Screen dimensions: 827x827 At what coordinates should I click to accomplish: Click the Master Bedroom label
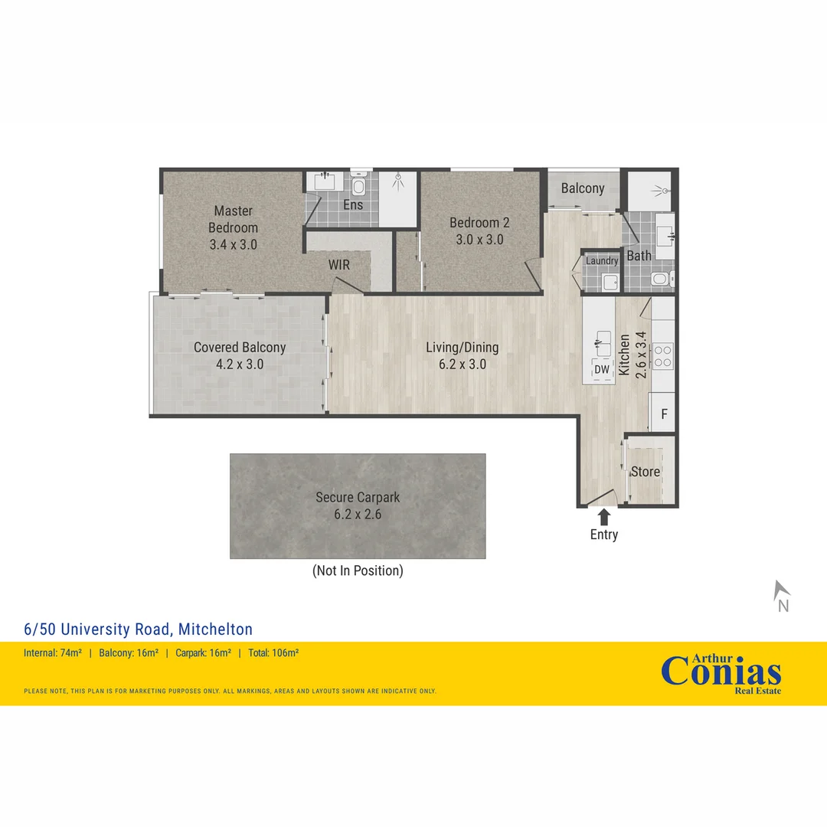[233, 219]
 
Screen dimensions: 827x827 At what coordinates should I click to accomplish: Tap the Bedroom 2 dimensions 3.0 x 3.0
[479, 239]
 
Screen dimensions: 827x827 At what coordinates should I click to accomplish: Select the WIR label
[340, 265]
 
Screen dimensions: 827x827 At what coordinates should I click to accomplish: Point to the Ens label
[353, 205]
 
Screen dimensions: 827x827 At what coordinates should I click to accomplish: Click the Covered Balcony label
[240, 348]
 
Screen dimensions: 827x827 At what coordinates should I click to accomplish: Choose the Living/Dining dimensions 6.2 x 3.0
[463, 364]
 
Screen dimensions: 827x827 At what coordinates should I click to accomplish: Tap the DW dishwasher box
[602, 370]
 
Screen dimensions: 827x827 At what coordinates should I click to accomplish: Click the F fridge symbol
[664, 413]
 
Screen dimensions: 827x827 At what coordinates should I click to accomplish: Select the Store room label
[645, 472]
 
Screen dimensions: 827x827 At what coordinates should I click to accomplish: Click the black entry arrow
[604, 516]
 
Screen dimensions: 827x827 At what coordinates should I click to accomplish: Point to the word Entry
[604, 534]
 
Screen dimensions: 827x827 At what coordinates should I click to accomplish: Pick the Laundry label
[602, 260]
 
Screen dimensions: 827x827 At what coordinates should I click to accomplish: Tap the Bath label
[639, 256]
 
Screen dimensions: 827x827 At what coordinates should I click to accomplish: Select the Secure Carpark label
[358, 498]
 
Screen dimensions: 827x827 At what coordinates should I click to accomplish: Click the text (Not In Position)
[358, 570]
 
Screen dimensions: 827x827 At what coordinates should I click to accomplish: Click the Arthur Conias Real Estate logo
[721, 674]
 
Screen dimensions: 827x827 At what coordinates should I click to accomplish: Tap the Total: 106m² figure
[273, 653]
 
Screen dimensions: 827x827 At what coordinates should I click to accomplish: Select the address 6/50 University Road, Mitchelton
[139, 629]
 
